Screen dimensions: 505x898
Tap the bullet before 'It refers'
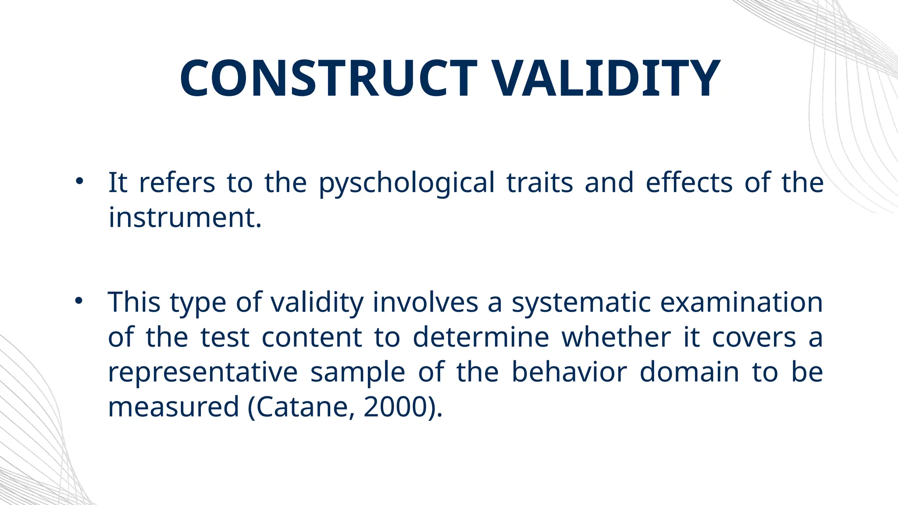click(x=79, y=181)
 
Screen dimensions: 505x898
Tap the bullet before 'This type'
click(x=79, y=301)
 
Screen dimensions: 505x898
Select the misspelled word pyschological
click(x=406, y=183)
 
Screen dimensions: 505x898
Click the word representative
click(x=203, y=373)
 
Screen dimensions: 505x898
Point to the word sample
click(x=357, y=373)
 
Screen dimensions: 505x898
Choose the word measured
click(x=174, y=407)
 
